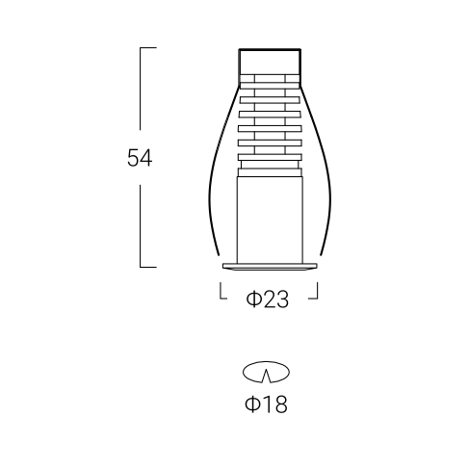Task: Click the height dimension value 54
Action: click(x=140, y=158)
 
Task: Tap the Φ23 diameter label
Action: click(x=268, y=300)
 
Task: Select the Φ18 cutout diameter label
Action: click(x=266, y=404)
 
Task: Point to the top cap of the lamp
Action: click(x=270, y=62)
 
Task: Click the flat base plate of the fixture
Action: click(x=270, y=266)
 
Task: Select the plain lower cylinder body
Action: click(x=270, y=220)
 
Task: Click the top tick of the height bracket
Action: click(x=148, y=48)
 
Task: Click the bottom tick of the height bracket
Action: click(x=148, y=267)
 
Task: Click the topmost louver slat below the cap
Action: click(x=270, y=86)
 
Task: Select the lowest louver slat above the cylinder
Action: click(x=270, y=172)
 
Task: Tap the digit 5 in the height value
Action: click(x=133, y=158)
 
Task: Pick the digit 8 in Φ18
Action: click(x=280, y=404)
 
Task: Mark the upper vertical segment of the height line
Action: click(x=141, y=89)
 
